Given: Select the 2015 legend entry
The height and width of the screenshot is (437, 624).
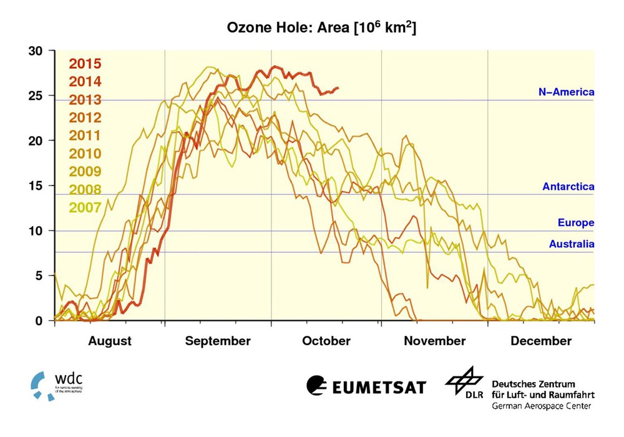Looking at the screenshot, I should tap(85, 63).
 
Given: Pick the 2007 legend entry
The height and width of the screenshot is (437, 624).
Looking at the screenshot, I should tap(85, 207).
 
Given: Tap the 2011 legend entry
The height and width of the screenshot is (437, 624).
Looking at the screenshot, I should tap(85, 135).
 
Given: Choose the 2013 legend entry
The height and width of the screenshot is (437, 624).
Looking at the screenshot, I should tap(85, 99).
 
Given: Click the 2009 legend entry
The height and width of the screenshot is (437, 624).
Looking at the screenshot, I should tap(85, 172).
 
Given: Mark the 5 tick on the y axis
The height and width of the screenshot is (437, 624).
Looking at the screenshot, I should tap(39, 276).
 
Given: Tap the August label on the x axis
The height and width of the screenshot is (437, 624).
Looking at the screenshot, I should tap(110, 341).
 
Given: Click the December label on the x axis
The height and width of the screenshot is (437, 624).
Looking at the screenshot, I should tap(540, 341).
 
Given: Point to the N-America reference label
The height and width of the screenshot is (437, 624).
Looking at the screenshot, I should tap(566, 92).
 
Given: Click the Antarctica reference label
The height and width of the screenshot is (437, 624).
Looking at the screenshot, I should tap(568, 187).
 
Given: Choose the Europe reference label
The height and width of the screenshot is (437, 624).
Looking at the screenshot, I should tap(575, 223).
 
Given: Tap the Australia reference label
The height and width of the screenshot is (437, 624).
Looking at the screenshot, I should tap(571, 245).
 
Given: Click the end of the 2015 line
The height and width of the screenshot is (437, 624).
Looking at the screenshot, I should tap(338, 88).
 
